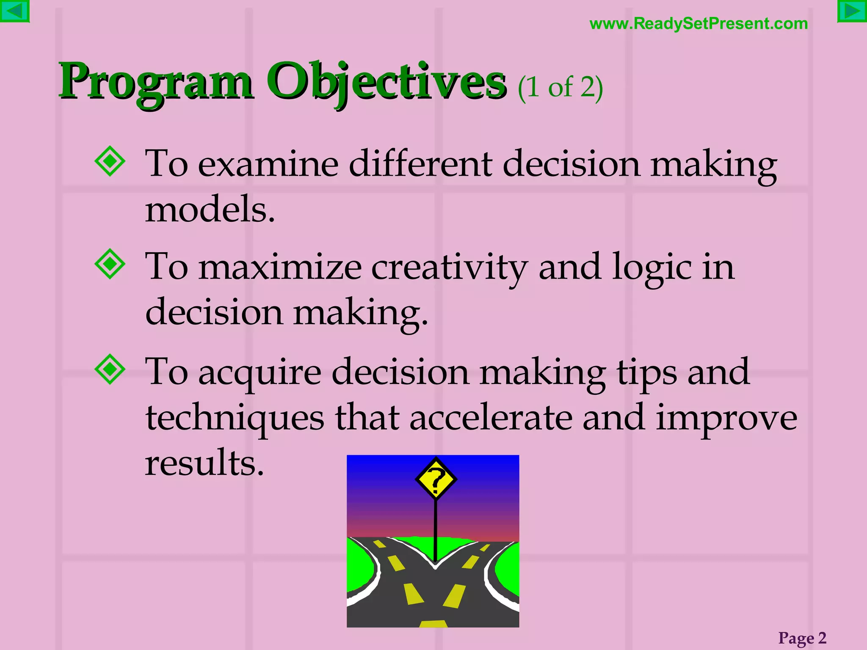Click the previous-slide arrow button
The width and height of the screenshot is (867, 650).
(14, 11)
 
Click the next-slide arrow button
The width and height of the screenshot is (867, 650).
(852, 11)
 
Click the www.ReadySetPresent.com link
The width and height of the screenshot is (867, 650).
(699, 24)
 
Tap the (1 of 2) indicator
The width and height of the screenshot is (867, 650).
(560, 88)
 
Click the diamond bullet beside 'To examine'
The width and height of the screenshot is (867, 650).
(110, 161)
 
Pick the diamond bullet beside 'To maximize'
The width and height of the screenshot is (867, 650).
(110, 264)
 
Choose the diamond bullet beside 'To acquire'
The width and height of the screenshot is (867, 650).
(110, 369)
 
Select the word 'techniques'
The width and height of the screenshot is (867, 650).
(235, 418)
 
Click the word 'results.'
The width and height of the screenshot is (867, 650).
(204, 463)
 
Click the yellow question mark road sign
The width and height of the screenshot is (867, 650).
(436, 480)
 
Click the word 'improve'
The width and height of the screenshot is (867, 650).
(726, 418)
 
